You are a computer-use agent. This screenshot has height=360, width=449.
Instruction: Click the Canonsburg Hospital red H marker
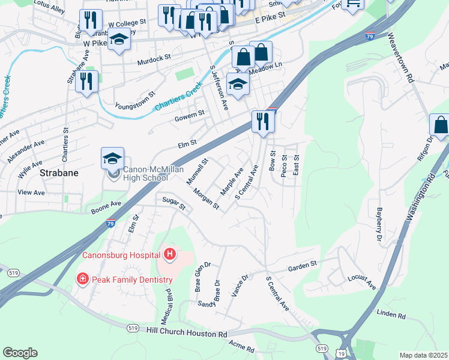tap(169, 254)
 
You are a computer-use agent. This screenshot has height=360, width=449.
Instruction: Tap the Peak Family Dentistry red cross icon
tap(82, 279)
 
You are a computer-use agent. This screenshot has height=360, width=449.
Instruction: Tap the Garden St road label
tap(302, 266)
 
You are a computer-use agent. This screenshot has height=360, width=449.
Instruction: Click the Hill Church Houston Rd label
tap(187, 332)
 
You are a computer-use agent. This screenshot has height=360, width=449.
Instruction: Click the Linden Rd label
tap(391, 315)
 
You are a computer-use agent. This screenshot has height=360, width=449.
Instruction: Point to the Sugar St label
tap(173, 203)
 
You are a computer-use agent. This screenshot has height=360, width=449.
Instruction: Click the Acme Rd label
tap(243, 346)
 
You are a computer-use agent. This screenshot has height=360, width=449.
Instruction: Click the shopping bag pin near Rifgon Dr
tap(441, 125)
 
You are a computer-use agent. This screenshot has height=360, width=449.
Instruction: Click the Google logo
tap(20, 353)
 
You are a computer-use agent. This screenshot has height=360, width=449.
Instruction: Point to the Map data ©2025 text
tap(423, 355)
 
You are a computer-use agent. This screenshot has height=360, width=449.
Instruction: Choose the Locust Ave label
tap(361, 282)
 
